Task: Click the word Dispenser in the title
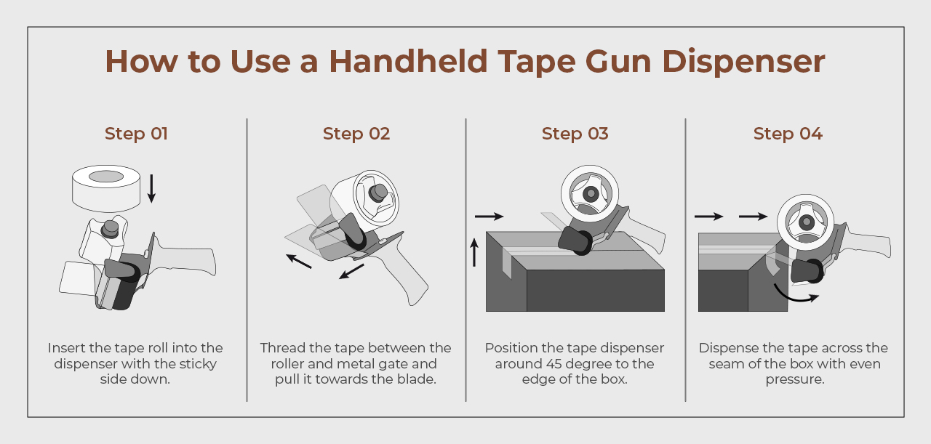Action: (x=743, y=62)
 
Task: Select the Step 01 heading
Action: (x=136, y=134)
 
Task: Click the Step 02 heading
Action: (x=356, y=134)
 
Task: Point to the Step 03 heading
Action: (x=575, y=134)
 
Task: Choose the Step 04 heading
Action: (x=788, y=134)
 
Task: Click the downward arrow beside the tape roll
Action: (x=152, y=188)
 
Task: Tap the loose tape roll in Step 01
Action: (x=106, y=188)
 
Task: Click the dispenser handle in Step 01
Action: (x=185, y=259)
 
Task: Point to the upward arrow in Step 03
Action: (x=474, y=253)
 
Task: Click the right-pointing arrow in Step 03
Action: (x=490, y=217)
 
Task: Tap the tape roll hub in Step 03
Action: (x=591, y=193)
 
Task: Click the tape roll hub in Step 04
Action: (x=807, y=222)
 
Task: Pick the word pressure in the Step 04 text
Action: (x=795, y=379)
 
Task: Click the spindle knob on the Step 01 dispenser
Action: (x=111, y=229)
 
